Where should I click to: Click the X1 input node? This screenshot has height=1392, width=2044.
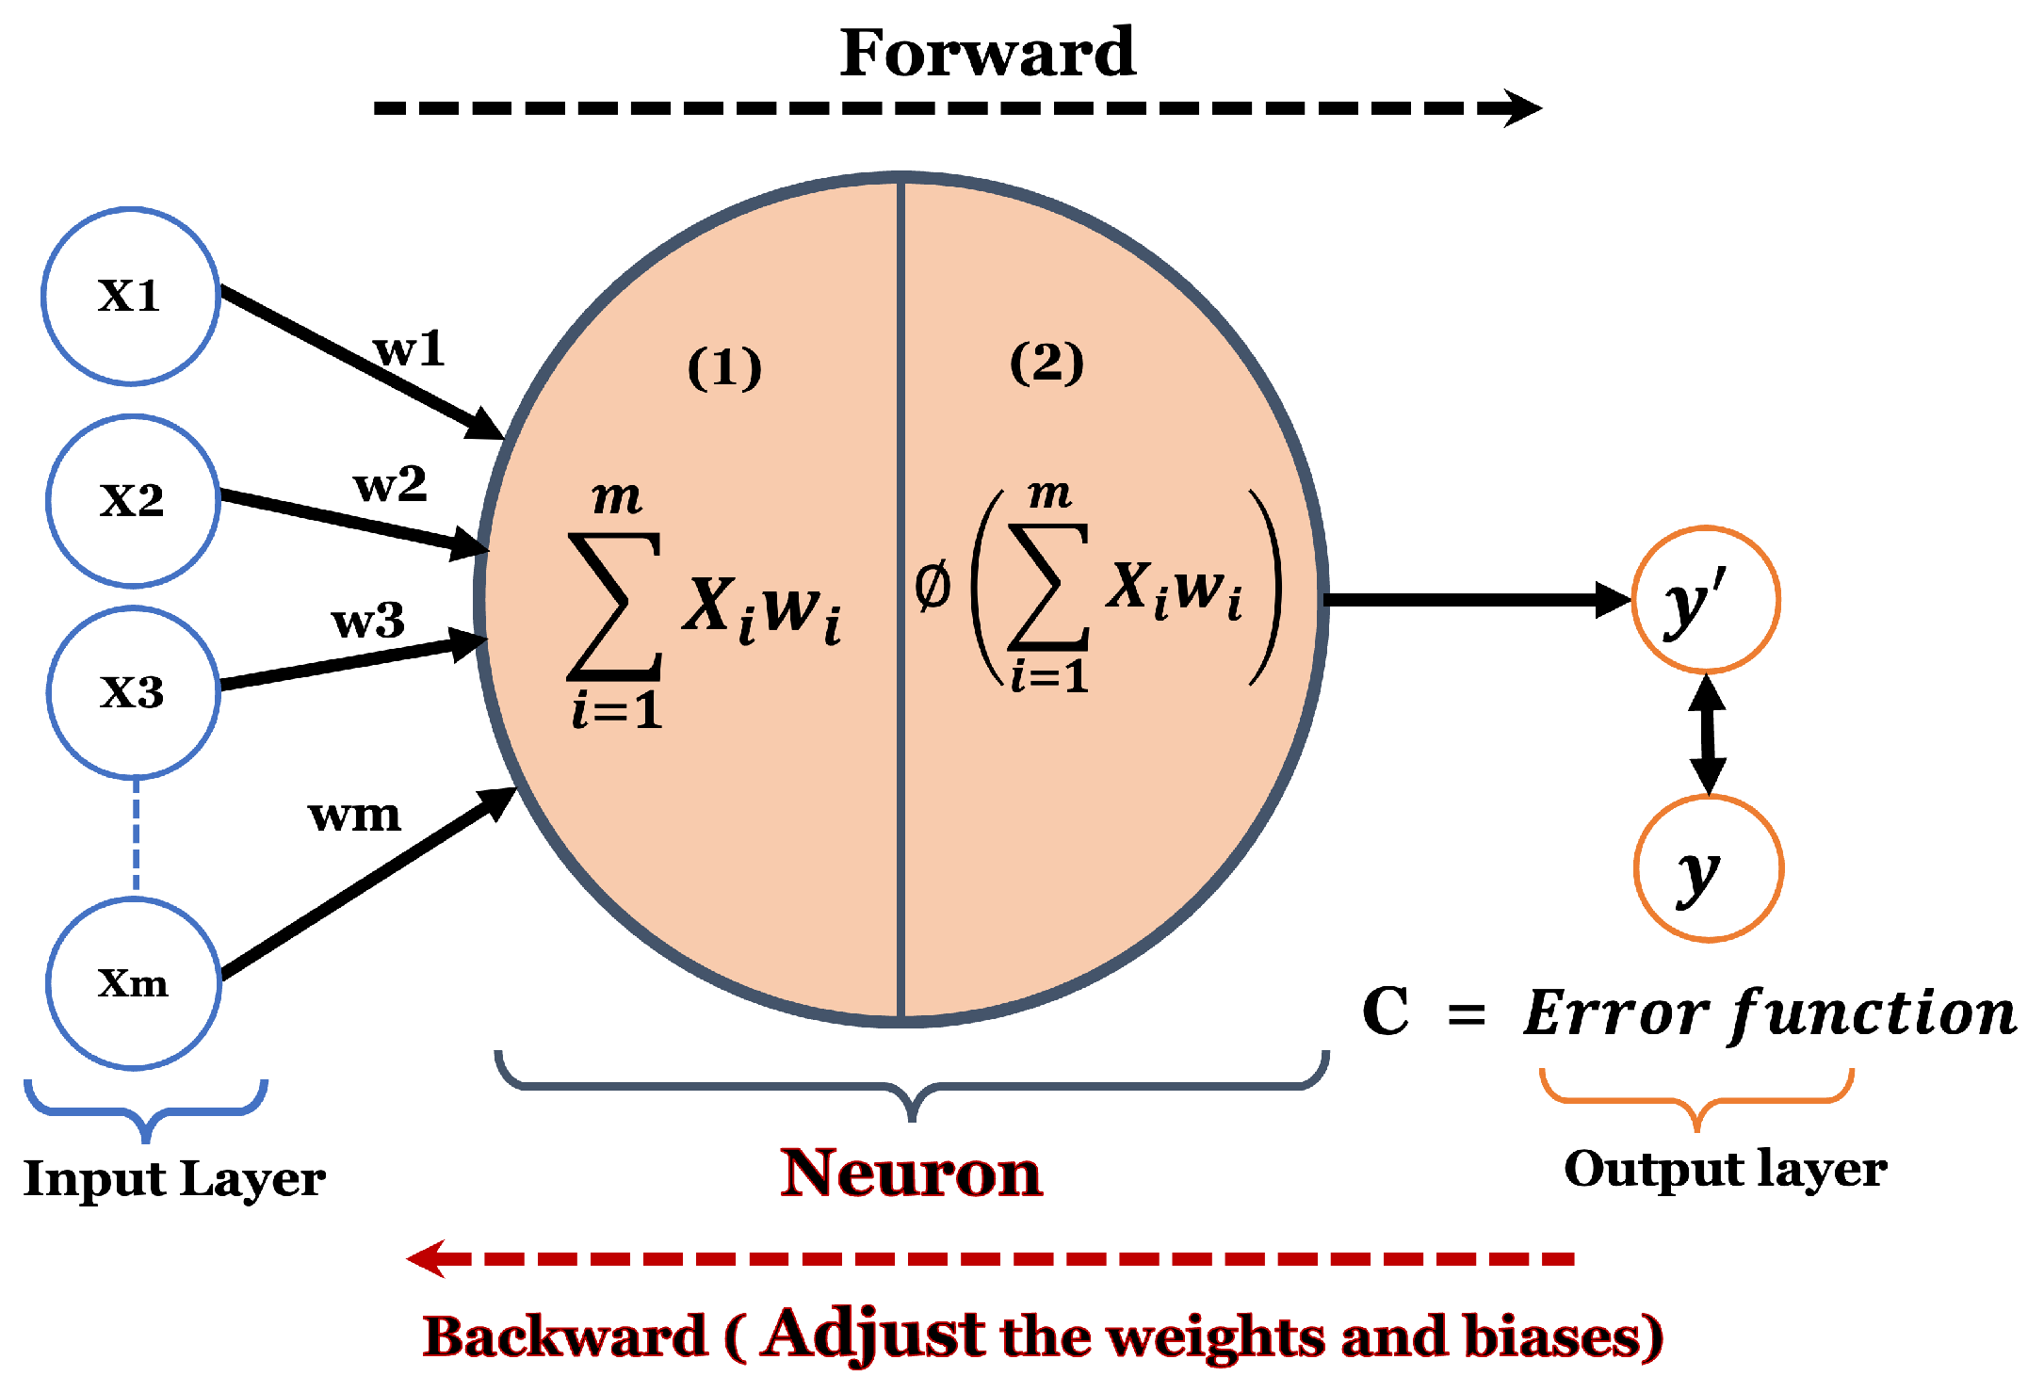(131, 297)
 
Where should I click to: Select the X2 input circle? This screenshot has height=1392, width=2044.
(133, 501)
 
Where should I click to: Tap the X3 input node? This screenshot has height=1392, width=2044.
(133, 693)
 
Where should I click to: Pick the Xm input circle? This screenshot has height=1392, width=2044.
(134, 983)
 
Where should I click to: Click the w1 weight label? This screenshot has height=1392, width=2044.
(409, 350)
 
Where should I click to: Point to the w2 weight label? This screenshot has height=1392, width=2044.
(390, 486)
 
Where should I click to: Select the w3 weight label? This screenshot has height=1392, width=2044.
(368, 622)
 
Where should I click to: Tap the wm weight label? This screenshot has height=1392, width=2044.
(354, 816)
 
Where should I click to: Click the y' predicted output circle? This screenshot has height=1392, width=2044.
(1705, 600)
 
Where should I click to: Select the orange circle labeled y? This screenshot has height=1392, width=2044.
(1708, 868)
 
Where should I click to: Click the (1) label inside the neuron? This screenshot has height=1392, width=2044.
(724, 367)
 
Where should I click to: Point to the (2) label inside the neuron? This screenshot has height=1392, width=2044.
(1046, 363)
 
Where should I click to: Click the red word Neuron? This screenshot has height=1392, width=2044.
(911, 1173)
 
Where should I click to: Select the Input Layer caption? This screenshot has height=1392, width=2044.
(174, 1179)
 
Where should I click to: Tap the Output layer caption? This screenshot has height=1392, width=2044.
(1726, 1170)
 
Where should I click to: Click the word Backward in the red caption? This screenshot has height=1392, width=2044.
(565, 1336)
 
